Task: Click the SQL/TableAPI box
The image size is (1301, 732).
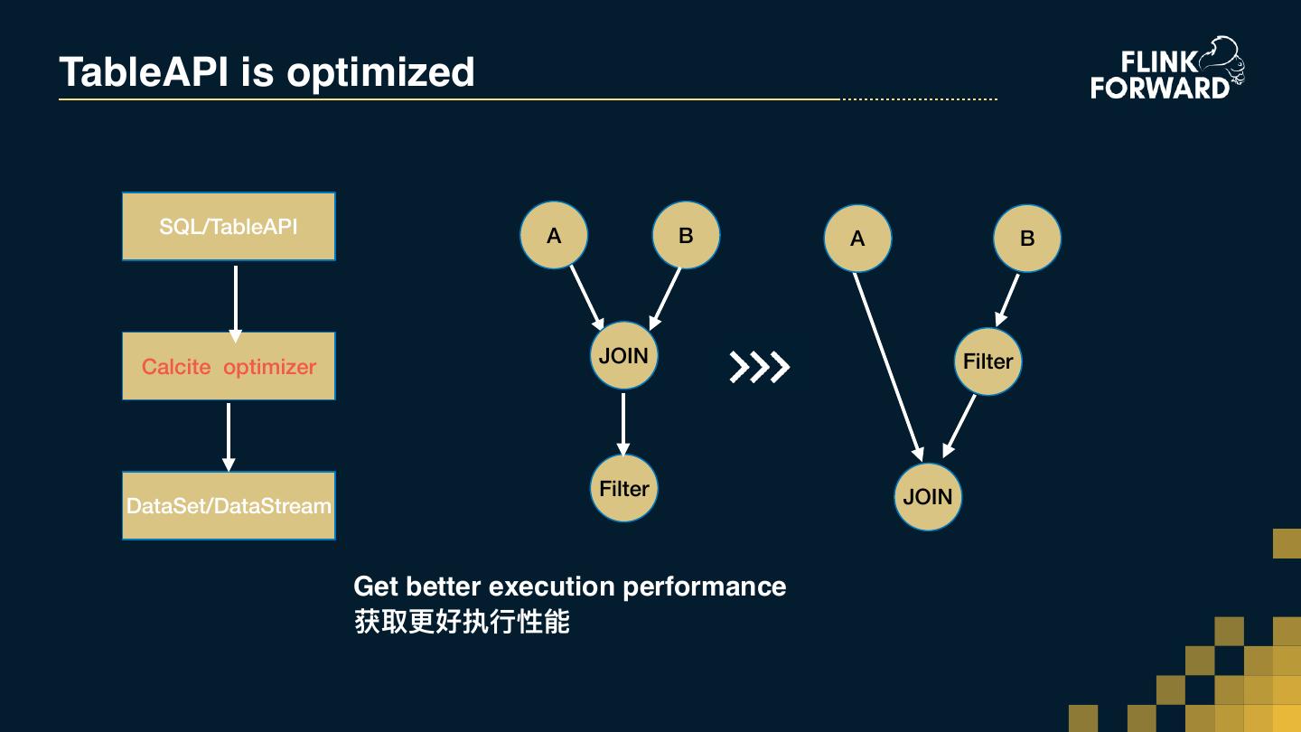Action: (x=229, y=227)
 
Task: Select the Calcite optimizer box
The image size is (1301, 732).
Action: (x=229, y=366)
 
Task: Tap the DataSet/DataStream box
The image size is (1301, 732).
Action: (x=229, y=505)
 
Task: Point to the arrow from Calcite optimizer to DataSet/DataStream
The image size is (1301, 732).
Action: (x=229, y=436)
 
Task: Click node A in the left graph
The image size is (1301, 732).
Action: (x=554, y=235)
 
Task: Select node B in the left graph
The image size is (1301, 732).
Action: (x=686, y=235)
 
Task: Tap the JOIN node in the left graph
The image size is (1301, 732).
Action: (x=623, y=355)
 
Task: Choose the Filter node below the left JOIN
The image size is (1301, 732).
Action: (x=623, y=488)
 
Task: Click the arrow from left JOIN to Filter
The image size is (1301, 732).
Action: (x=623, y=422)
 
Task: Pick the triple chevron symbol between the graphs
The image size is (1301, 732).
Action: (x=759, y=367)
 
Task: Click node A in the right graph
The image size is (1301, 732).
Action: (x=857, y=239)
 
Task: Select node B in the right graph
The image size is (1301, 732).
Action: (x=1027, y=239)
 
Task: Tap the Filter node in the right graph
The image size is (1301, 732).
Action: (x=987, y=361)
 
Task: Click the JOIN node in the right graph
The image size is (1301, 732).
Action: (x=928, y=496)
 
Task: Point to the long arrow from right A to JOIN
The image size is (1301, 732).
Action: (x=888, y=365)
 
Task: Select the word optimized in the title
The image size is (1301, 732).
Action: (x=380, y=72)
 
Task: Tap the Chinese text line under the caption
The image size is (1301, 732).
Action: (x=462, y=622)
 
